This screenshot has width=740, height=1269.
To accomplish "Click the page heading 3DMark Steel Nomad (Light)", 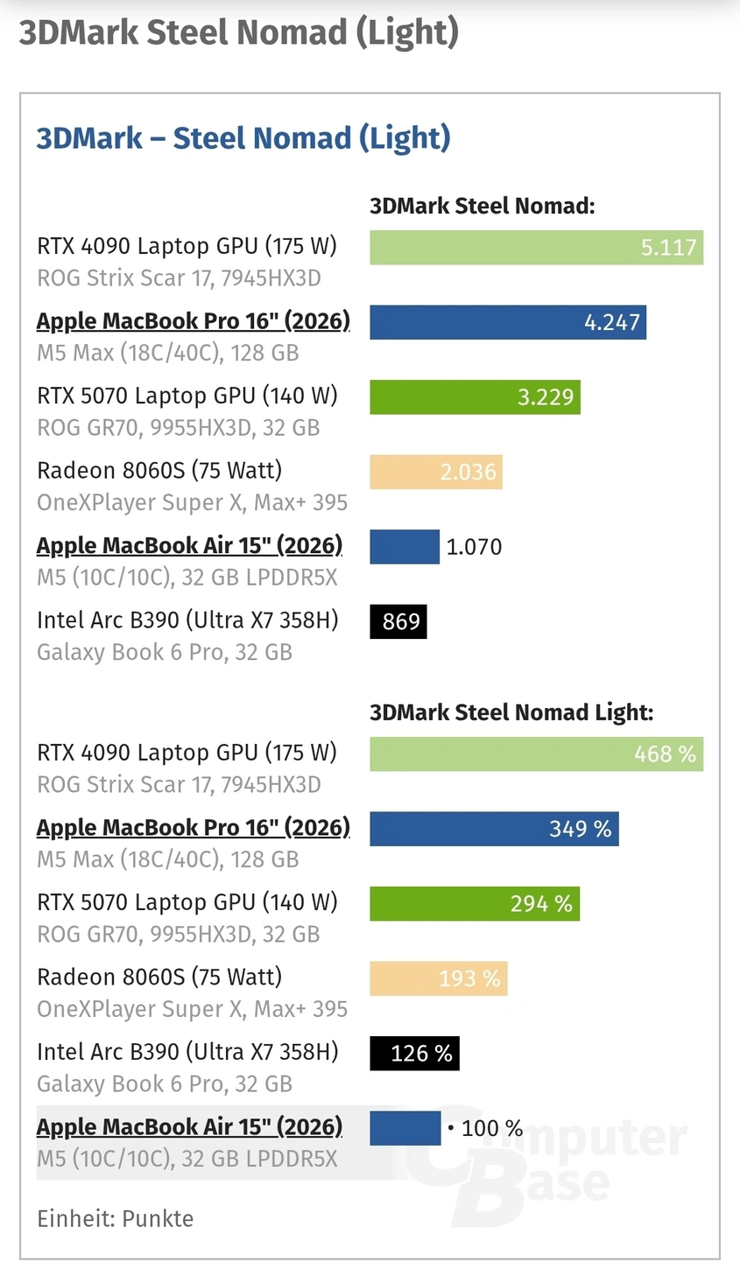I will click(x=238, y=33).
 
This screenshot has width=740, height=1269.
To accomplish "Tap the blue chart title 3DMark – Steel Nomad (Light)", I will click(x=243, y=138).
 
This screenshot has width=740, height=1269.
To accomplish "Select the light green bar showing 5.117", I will click(x=536, y=248).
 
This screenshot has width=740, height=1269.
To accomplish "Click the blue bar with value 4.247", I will click(x=507, y=322).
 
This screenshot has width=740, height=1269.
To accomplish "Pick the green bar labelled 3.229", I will click(x=474, y=397).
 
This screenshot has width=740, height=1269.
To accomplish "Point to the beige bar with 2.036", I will click(x=435, y=472).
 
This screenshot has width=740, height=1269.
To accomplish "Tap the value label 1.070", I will click(x=474, y=547).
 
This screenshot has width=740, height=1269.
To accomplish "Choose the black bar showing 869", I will click(x=398, y=621).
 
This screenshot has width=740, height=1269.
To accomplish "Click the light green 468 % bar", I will click(x=536, y=754).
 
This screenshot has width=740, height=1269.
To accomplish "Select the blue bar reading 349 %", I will click(x=494, y=829).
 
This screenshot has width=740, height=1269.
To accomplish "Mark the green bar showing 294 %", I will click(x=474, y=904).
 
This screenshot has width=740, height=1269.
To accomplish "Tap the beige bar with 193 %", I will click(x=438, y=978).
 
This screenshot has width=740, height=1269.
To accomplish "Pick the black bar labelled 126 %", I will click(x=414, y=1054).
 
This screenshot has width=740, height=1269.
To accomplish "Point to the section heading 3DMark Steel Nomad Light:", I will click(x=511, y=712).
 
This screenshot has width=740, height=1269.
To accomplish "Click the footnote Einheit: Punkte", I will click(x=115, y=1218).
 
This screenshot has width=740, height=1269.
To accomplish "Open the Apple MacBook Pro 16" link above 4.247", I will click(x=193, y=321).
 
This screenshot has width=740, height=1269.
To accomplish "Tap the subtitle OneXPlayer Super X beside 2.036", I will click(x=192, y=502).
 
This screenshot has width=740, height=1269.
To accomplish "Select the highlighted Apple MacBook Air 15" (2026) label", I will click(x=189, y=1127).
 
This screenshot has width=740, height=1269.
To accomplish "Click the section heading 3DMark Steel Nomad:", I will click(x=482, y=207).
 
